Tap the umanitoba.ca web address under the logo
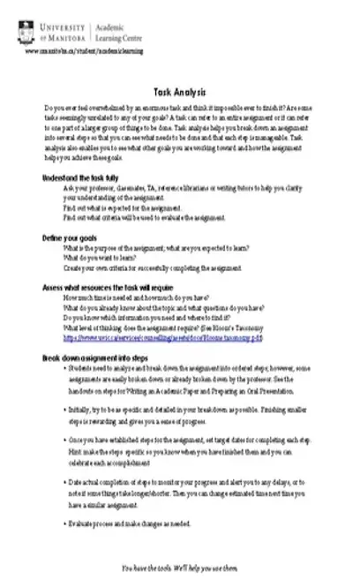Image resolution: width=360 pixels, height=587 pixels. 71,52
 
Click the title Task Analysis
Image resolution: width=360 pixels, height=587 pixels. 179,92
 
